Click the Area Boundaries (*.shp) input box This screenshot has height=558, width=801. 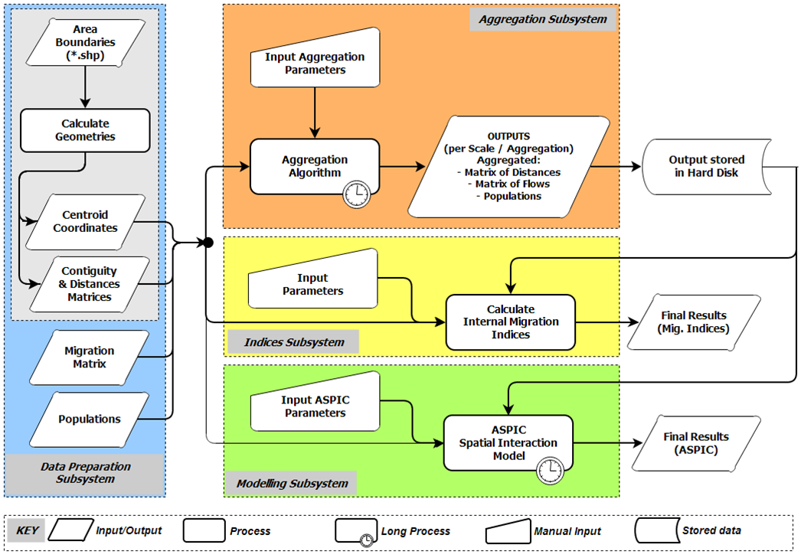(85, 44)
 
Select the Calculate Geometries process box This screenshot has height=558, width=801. (85, 130)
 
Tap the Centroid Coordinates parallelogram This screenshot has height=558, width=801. (85, 221)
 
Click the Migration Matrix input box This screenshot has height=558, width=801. (85, 357)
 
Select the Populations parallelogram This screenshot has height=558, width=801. (89, 419)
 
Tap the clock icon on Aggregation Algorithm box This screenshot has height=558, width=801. (356, 195)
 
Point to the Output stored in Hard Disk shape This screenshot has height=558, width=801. (706, 166)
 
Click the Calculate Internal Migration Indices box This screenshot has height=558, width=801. (510, 321)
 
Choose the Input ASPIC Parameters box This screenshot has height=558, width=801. (315, 406)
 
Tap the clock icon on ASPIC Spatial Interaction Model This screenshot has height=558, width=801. (548, 468)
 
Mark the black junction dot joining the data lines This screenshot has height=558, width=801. (207, 243)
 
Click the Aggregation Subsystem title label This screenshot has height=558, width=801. (542, 19)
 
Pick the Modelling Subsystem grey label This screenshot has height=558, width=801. (292, 483)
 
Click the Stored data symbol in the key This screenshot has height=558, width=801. (657, 530)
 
